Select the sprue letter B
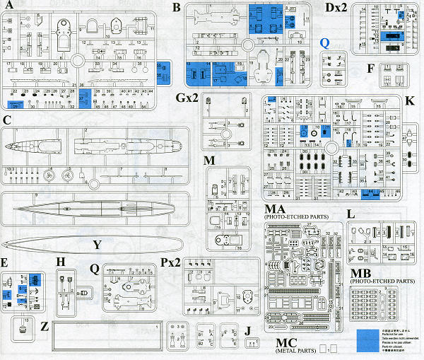pyautogui.click(x=176, y=8)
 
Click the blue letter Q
pyautogui.click(x=324, y=42)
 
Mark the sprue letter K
pyautogui.click(x=410, y=101)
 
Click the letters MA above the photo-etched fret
pyautogui.click(x=274, y=210)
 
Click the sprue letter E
pyautogui.click(x=5, y=262)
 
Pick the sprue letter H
pyautogui.click(x=61, y=262)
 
